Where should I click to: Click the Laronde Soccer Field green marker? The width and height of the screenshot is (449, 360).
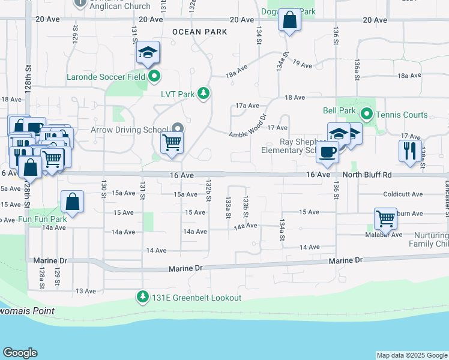pos(154,76)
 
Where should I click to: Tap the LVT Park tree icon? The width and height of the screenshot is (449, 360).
pos(204,94)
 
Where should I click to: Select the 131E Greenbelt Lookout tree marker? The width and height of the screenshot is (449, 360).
pos(143,297)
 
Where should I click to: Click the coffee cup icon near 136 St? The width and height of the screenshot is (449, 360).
pos(327,152)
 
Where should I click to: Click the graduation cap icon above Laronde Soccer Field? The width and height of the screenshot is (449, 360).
pos(147,53)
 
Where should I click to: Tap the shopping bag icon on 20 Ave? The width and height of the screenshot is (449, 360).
pos(289,20)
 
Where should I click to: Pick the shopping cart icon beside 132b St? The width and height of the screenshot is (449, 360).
pos(172,143)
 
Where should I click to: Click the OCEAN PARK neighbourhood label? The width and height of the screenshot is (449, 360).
pos(193,31)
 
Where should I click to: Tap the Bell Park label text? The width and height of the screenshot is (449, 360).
pos(336,111)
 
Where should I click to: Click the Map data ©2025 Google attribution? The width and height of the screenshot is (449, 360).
pos(411,355)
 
